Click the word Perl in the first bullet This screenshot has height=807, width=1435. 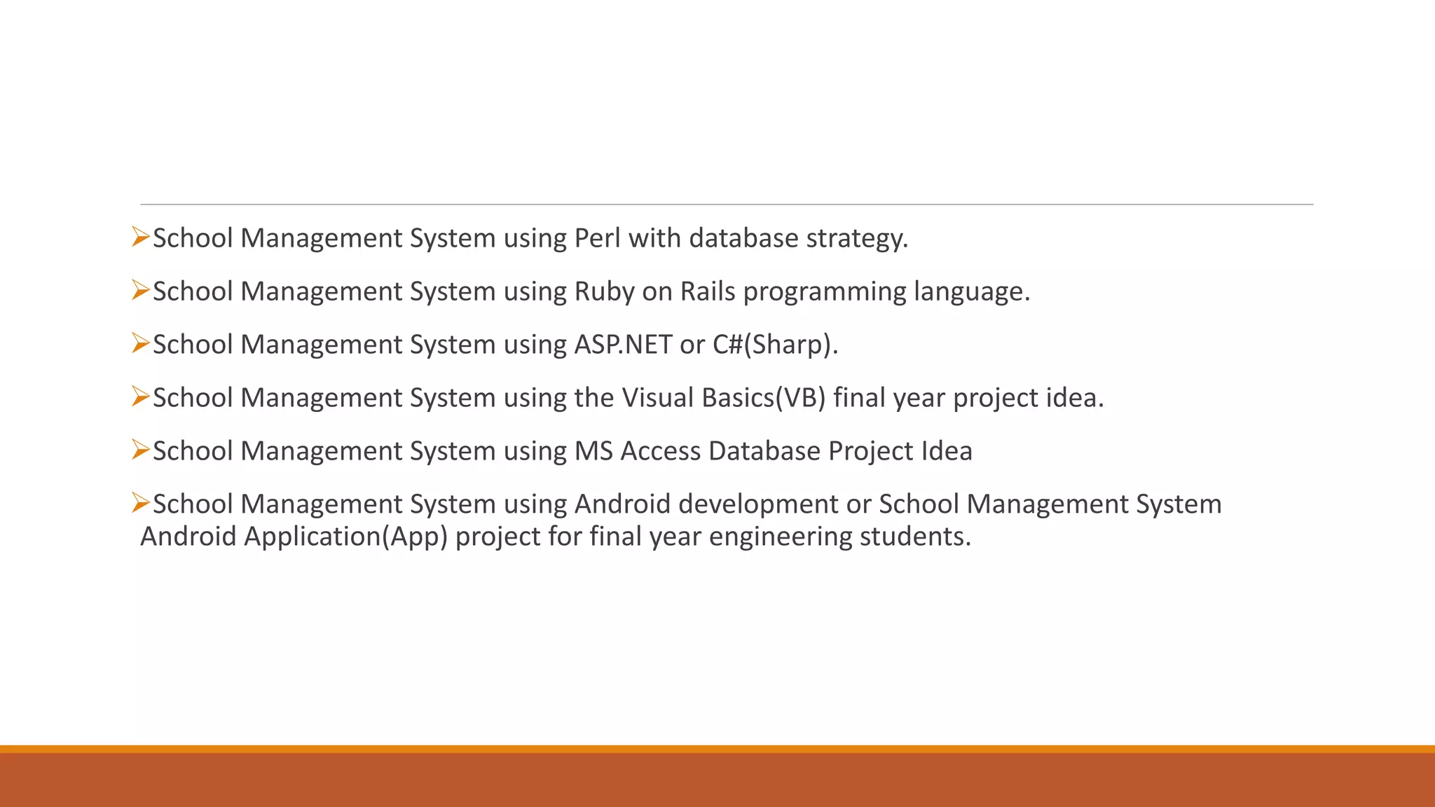point(597,238)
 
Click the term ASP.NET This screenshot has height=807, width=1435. point(623,345)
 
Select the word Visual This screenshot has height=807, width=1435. point(658,398)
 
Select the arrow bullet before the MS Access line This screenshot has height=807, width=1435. point(140,450)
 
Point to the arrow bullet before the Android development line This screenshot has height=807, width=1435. point(140,503)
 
